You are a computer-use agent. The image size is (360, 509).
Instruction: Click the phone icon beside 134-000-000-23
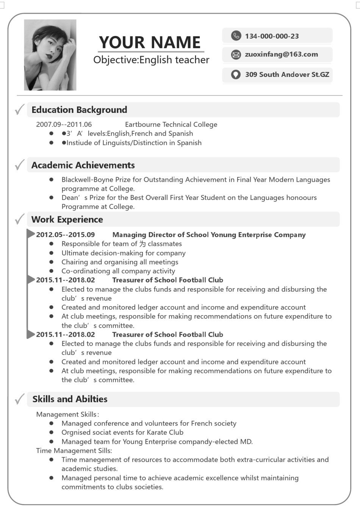(x=236, y=36)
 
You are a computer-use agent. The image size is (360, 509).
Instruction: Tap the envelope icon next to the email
(x=236, y=55)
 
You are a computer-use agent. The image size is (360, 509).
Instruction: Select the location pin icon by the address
(x=236, y=75)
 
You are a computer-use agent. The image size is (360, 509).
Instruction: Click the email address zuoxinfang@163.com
(x=281, y=55)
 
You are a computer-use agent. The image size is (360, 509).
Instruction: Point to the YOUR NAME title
(x=150, y=42)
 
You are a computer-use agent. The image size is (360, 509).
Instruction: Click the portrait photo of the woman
(x=50, y=55)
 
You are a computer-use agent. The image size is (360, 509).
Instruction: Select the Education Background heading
(x=79, y=110)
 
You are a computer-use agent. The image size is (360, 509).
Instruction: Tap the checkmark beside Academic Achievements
(x=20, y=165)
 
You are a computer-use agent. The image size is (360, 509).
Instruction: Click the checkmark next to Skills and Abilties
(x=20, y=399)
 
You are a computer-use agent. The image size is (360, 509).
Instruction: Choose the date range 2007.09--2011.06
(x=64, y=124)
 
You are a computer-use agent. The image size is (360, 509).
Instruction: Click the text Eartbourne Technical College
(x=171, y=124)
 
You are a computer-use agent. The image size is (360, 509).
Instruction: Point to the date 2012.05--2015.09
(x=65, y=235)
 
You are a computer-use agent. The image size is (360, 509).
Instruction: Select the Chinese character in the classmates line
(x=142, y=244)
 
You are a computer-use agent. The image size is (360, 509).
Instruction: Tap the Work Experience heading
(x=67, y=220)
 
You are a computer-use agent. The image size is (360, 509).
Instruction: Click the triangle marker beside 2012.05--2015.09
(x=31, y=234)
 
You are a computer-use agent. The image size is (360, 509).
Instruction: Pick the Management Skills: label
(x=67, y=414)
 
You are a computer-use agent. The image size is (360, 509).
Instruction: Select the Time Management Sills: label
(x=74, y=451)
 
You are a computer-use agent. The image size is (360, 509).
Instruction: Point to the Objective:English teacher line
(x=151, y=60)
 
